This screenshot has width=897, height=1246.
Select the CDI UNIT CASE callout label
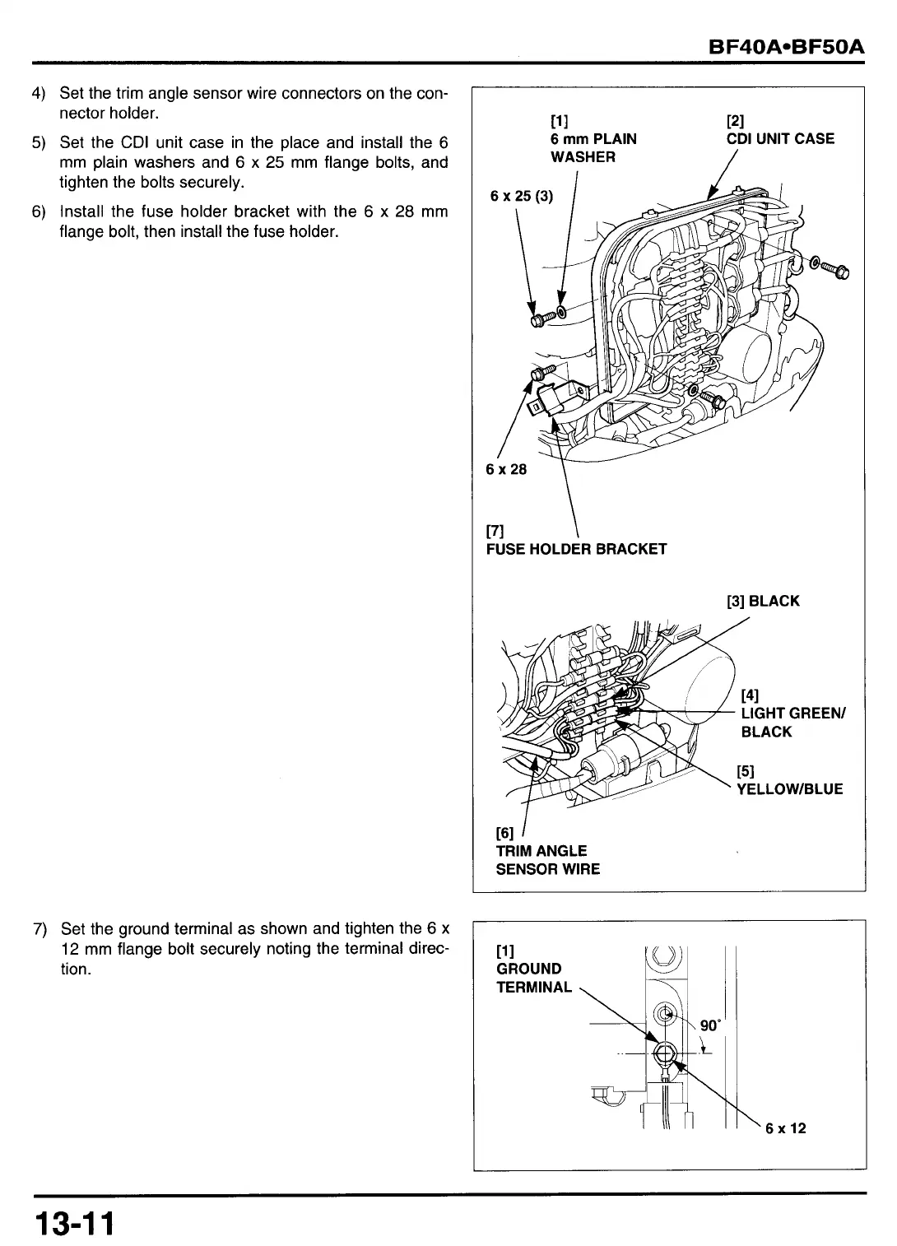point(780,139)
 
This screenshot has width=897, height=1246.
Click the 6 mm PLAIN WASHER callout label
point(593,147)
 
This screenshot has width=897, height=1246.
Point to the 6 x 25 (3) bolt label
point(522,196)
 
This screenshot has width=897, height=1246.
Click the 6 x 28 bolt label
point(506,469)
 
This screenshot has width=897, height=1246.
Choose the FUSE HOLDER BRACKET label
point(576,549)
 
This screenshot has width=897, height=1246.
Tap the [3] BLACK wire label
point(763,601)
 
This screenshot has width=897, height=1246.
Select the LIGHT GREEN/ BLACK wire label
point(792,722)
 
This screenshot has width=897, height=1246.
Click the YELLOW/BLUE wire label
point(789,789)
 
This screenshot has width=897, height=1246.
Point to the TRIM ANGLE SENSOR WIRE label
point(547,860)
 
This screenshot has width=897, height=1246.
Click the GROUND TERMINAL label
point(533,978)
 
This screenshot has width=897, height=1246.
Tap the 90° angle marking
point(709,1025)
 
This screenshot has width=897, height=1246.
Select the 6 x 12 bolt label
point(786,1127)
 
